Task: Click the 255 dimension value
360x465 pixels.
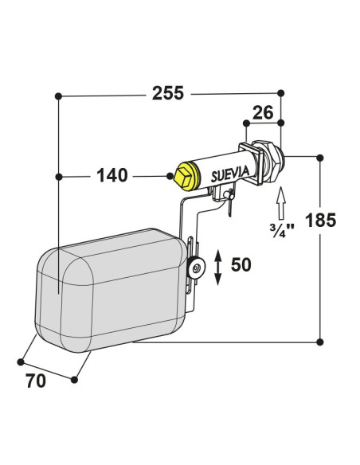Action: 168,93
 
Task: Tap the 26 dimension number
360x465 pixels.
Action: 263,113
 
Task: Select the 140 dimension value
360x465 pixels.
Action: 112,175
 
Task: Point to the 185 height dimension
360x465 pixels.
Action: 320,220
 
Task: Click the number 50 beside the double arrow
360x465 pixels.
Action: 241,264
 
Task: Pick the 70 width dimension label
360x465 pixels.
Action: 36,381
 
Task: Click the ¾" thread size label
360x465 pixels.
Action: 282,231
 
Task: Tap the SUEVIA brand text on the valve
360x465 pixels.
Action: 230,174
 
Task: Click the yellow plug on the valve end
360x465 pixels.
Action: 186,176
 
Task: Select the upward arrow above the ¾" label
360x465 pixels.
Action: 281,203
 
